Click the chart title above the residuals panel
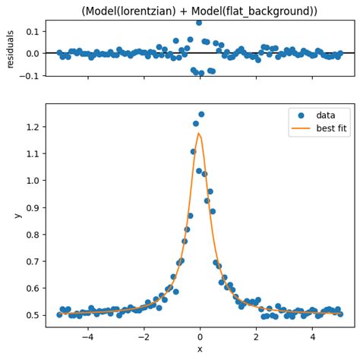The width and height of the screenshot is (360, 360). coord(198,11)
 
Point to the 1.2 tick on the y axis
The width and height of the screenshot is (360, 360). coord(33,127)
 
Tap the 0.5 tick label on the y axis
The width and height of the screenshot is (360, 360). coord(33,315)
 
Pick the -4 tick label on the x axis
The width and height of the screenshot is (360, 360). coord(87,338)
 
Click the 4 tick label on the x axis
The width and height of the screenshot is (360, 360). coord(312,338)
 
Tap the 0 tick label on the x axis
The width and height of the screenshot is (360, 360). coord(200,338)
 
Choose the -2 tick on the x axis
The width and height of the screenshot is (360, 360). coord(144,338)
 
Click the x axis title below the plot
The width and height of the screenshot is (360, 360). coord(200,349)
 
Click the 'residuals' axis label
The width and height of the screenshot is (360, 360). coord(11,49)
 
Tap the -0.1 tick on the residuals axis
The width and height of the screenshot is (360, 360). coord(30,76)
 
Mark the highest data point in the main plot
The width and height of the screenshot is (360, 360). coord(201,115)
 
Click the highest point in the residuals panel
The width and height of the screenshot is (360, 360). coord(199,23)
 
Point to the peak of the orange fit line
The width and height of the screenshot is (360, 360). coord(199,134)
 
